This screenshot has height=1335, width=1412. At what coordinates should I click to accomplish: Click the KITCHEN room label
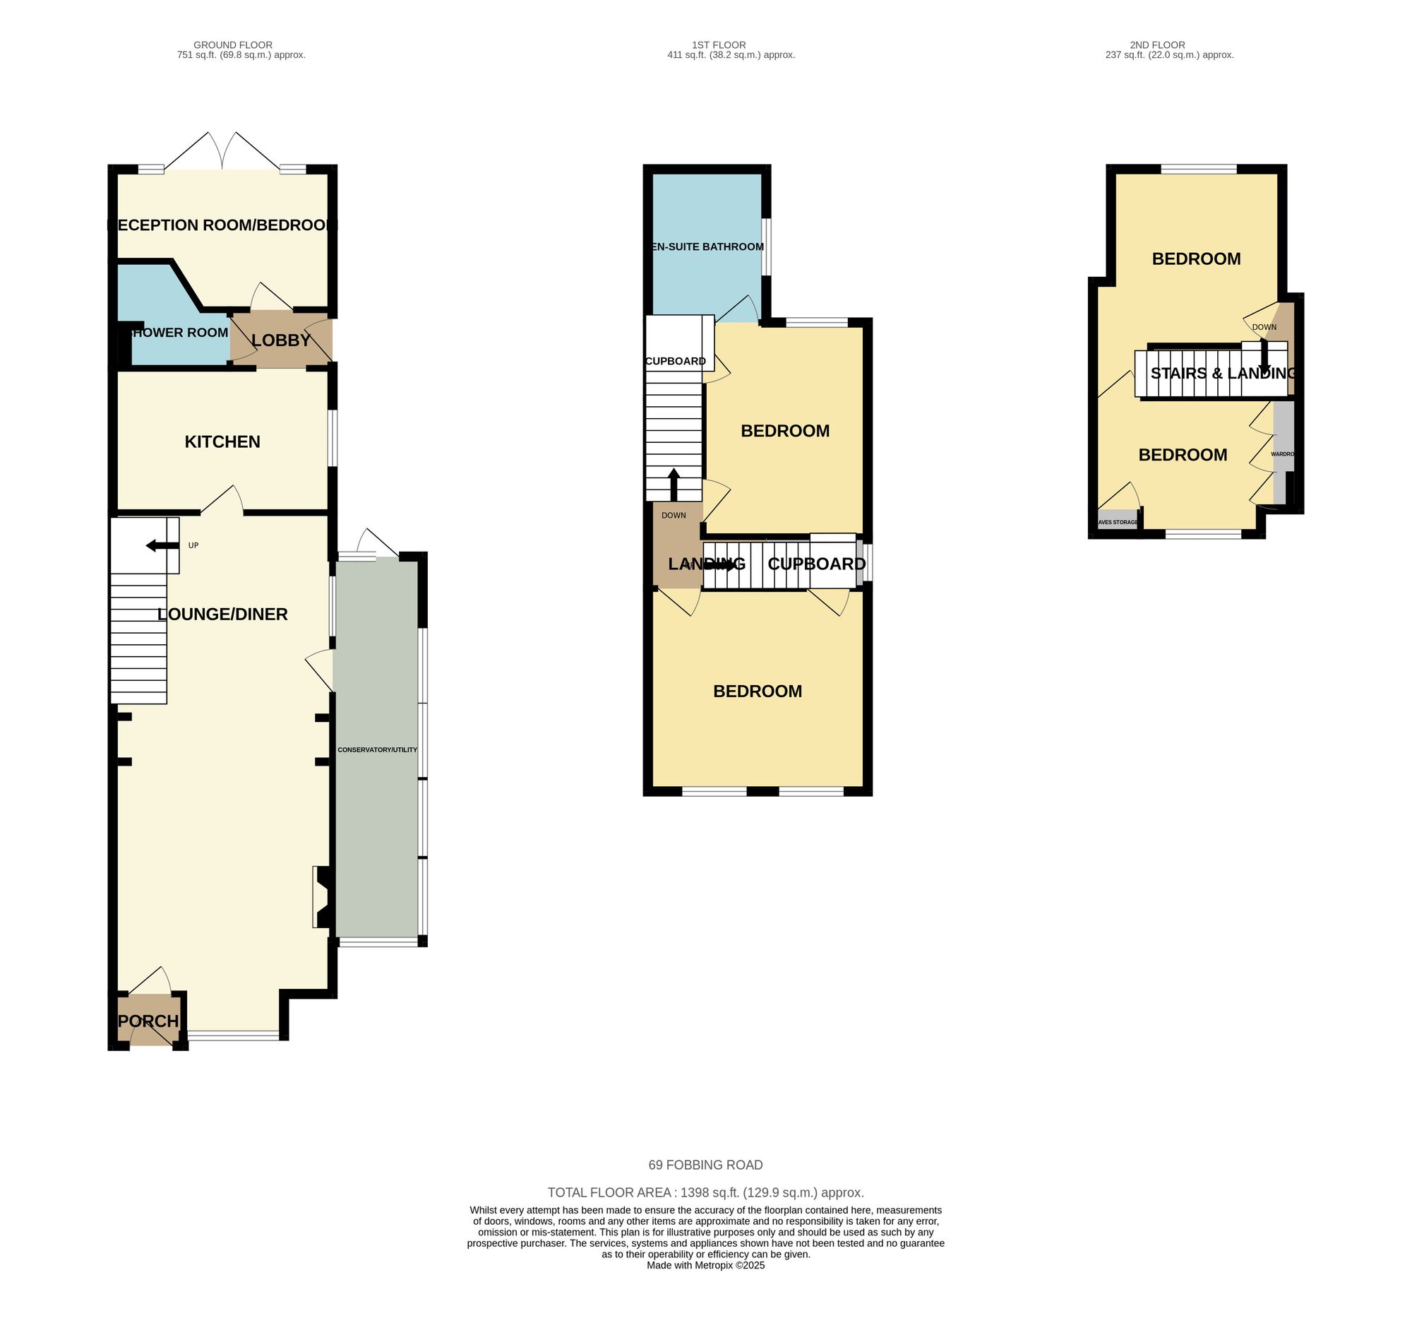(x=222, y=442)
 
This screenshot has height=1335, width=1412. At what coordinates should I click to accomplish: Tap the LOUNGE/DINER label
(x=222, y=614)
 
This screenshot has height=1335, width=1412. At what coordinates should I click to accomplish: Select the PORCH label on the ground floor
(x=148, y=1021)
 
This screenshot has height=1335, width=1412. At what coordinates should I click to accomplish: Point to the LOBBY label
(x=281, y=340)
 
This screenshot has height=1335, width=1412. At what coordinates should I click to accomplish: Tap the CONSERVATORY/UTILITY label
(x=377, y=750)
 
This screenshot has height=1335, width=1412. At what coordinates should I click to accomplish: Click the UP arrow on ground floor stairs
(x=154, y=546)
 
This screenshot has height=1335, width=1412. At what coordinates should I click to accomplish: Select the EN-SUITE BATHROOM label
(x=707, y=247)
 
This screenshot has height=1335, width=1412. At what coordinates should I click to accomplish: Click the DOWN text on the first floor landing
(x=674, y=515)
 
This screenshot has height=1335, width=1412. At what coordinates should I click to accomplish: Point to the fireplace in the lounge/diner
(x=321, y=896)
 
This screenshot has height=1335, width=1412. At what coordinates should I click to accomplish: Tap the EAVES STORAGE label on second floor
(x=1118, y=522)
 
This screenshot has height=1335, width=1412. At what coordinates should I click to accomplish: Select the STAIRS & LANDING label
(x=1223, y=374)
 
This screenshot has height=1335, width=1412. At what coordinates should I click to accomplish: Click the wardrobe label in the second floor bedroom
(x=1282, y=454)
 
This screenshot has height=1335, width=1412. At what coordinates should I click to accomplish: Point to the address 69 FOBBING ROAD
(x=705, y=1165)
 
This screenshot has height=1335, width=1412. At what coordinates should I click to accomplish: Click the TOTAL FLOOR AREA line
(x=705, y=1193)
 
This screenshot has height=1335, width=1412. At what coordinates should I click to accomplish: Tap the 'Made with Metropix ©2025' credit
(x=705, y=1265)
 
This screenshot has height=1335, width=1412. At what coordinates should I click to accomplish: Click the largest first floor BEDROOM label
(x=757, y=691)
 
